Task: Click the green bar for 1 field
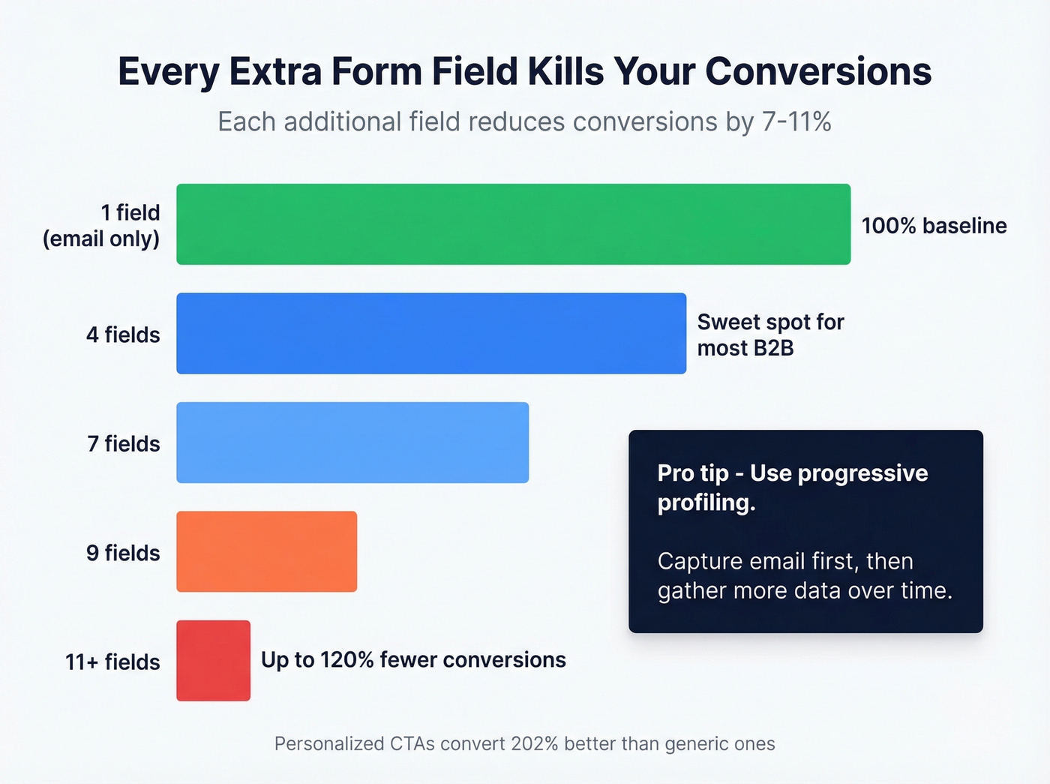(513, 224)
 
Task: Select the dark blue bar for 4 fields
(431, 333)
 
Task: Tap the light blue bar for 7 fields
(352, 443)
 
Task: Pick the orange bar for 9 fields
(266, 551)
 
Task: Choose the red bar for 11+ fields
(213, 661)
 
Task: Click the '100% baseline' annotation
(934, 226)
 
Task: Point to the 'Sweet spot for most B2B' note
(770, 335)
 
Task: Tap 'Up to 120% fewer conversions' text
(413, 660)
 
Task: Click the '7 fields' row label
(124, 443)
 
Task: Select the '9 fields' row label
(123, 553)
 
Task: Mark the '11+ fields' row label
(112, 662)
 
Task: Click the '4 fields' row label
(123, 335)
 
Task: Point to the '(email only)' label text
(101, 239)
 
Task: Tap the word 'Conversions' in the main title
(818, 71)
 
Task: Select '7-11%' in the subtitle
(796, 122)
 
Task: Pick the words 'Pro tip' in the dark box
(693, 473)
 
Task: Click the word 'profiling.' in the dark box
(706, 503)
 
